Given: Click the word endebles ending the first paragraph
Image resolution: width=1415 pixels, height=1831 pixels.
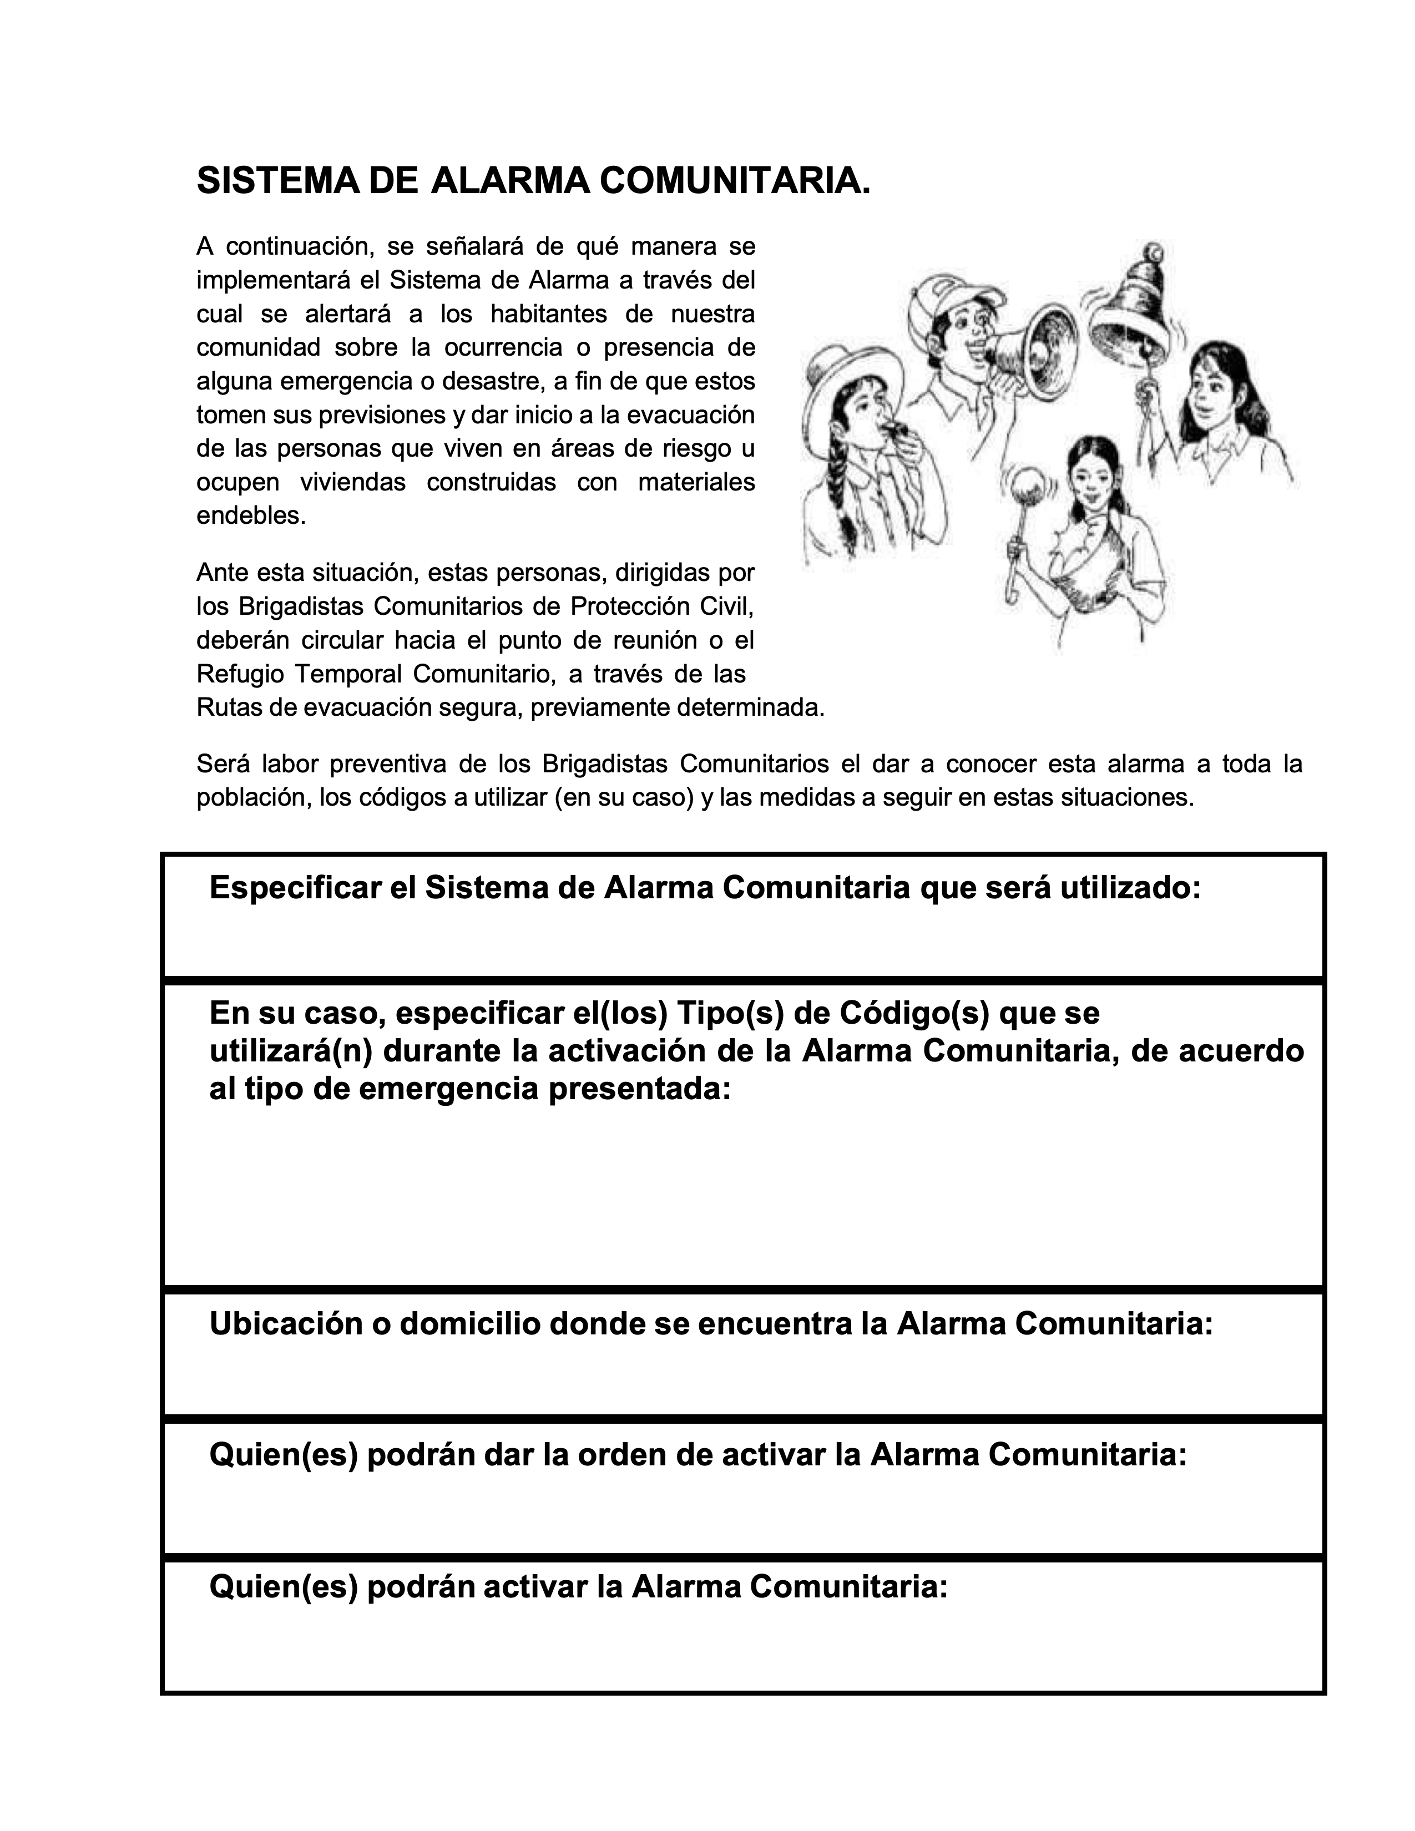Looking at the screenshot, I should (x=249, y=515).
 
